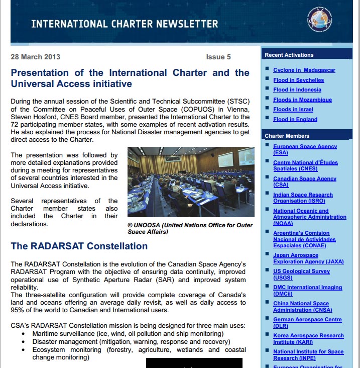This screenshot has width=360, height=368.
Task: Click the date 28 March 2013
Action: click(x=35, y=57)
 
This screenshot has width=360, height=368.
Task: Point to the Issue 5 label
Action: click(x=218, y=57)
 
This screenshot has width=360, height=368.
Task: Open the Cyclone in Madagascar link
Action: click(x=304, y=70)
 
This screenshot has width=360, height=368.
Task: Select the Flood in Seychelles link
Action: click(x=298, y=80)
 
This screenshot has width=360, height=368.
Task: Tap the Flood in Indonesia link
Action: click(x=297, y=89)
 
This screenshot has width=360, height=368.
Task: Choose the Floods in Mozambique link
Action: click(x=302, y=100)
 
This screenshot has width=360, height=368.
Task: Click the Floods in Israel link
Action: click(x=293, y=109)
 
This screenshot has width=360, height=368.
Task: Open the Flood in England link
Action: click(x=295, y=119)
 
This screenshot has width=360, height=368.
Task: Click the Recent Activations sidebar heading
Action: click(x=289, y=55)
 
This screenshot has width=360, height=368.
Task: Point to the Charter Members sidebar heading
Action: click(x=287, y=136)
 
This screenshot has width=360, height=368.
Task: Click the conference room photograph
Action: click(x=191, y=182)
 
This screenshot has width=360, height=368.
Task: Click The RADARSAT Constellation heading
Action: click(x=79, y=246)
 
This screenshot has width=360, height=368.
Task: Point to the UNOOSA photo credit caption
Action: click(x=190, y=228)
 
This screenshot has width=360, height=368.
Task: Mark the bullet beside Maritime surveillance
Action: click(x=24, y=334)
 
